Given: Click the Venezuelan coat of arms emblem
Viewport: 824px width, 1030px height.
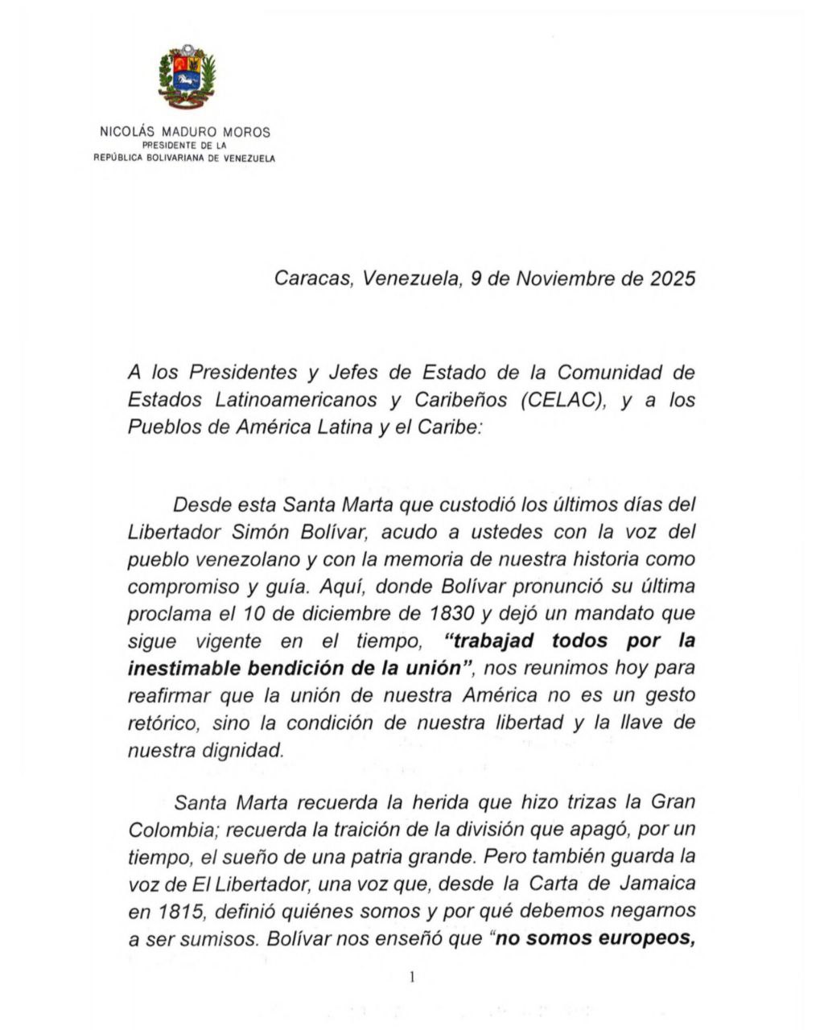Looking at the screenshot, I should (186, 79).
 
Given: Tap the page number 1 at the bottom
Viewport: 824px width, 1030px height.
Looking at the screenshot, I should (411, 977).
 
